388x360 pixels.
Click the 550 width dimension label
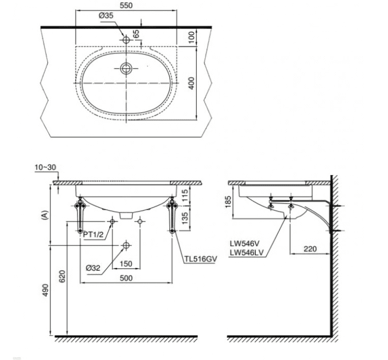coord(126,5)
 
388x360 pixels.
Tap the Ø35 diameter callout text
coord(106,15)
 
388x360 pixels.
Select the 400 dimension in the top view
coord(191,83)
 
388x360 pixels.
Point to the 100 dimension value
coord(192,36)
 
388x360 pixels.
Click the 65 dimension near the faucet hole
coord(136,33)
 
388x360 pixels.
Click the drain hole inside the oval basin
coord(126,68)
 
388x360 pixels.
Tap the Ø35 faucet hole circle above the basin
coord(126,40)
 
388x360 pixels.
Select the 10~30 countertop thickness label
coord(45,167)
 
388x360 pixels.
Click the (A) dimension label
coord(44,215)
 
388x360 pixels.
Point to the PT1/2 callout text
coord(93,234)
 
